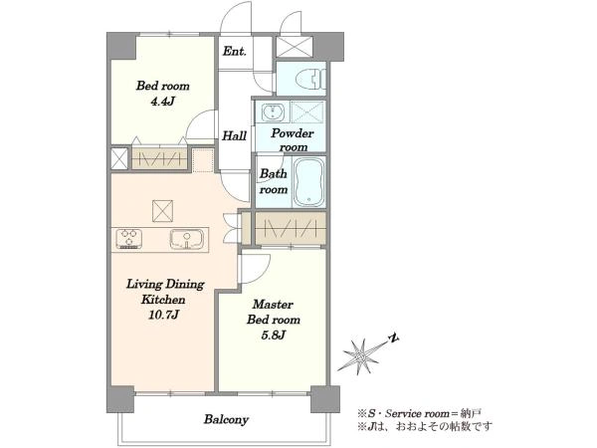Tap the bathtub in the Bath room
(308, 182)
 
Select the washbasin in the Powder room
(273, 112)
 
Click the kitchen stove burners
(129, 239)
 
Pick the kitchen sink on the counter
(187, 239)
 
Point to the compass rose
(361, 355)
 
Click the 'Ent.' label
(234, 51)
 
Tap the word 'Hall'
(234, 135)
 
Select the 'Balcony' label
(226, 419)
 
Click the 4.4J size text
(162, 102)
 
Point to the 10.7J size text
(164, 315)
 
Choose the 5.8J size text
(273, 335)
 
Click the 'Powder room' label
(293, 139)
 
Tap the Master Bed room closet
(291, 228)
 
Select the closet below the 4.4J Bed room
(159, 158)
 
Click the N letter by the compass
(393, 337)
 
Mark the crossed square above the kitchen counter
(162, 211)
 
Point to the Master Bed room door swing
(254, 269)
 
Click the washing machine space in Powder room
(307, 112)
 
